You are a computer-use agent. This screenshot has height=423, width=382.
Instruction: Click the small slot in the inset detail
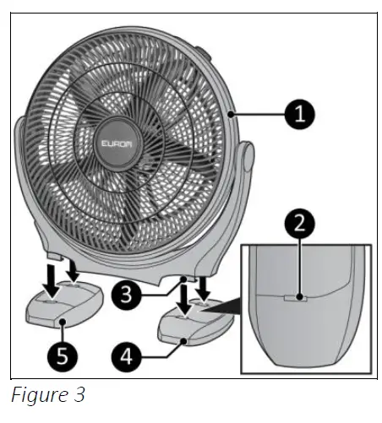click(296, 297)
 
